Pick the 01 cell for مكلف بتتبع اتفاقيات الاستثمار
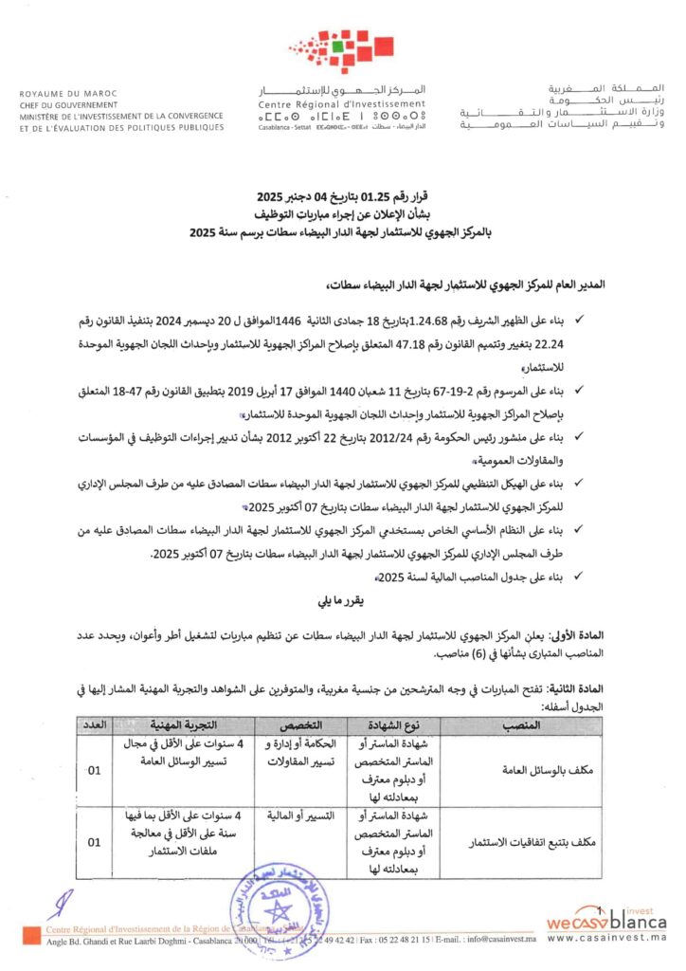click(x=94, y=840)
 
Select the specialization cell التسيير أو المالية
click(x=294, y=815)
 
